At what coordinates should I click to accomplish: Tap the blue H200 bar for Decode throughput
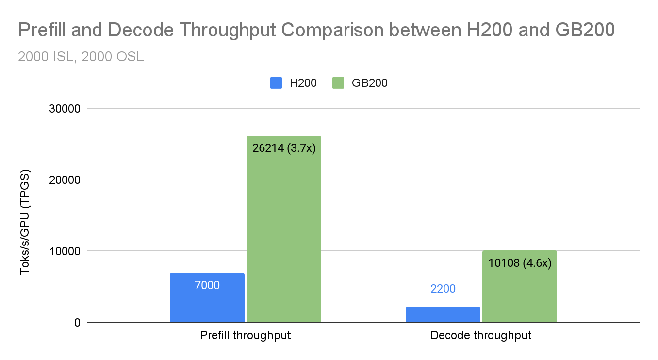[x=443, y=315]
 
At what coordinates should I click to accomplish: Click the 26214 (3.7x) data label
[x=284, y=147]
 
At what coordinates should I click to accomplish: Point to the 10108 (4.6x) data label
[x=520, y=263]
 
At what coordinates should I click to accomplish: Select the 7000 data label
[x=207, y=285]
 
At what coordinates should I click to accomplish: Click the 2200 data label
[x=443, y=289]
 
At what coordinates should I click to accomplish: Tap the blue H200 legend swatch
[x=276, y=83]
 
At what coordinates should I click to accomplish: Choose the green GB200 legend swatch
[x=338, y=83]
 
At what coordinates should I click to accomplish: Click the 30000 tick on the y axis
[x=64, y=109]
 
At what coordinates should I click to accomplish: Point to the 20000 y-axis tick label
[x=64, y=180]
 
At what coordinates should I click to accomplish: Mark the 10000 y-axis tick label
[x=64, y=251]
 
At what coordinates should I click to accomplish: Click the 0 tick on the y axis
[x=76, y=323]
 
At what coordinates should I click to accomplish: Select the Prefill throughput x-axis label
[x=246, y=335]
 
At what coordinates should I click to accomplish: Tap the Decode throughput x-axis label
[x=481, y=335]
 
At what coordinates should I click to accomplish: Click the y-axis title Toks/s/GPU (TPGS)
[x=25, y=222]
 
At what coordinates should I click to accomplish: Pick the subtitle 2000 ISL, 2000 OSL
[x=81, y=57]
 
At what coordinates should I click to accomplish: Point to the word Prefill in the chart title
[x=42, y=31]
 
